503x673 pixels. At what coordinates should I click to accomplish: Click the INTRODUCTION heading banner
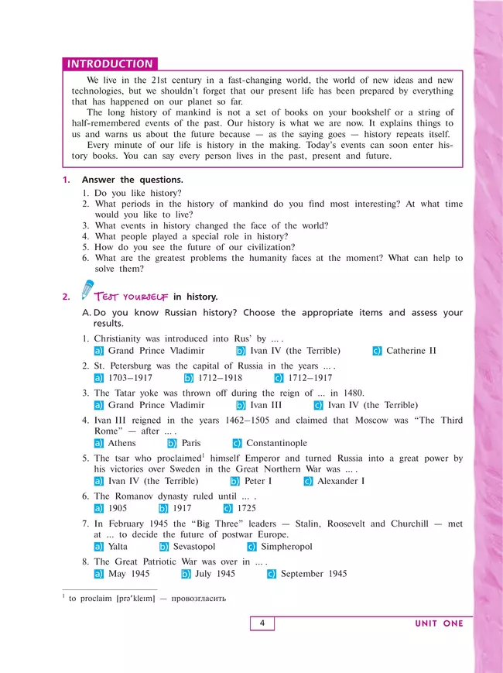coord(110,64)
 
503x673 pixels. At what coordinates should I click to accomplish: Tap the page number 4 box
coord(262,623)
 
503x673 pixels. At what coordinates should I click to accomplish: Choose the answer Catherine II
coord(416,351)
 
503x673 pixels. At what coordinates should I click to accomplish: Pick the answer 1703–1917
coord(130,378)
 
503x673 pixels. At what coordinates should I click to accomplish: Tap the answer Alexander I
coord(340,481)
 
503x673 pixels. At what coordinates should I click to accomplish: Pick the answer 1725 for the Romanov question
coord(248,508)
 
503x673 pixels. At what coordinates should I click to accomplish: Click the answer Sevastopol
coord(193,546)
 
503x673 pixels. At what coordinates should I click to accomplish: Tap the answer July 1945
coord(215,574)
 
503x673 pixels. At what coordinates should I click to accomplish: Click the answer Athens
coord(121,443)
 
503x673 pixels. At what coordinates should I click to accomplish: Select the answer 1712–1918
coord(221,378)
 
